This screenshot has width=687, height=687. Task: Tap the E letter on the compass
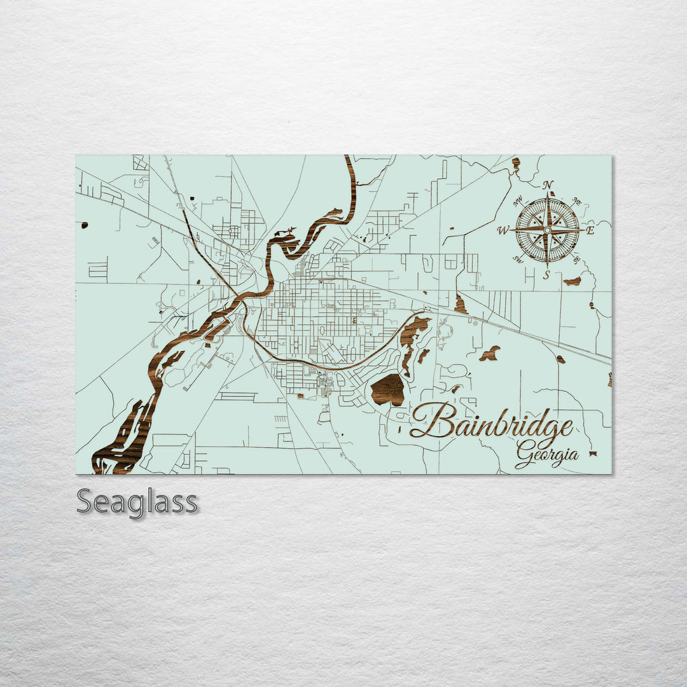[x=590, y=230]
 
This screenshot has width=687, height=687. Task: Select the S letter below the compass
[x=546, y=274]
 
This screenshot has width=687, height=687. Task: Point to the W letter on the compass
[x=503, y=231]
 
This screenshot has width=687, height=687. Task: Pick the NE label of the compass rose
[x=577, y=202]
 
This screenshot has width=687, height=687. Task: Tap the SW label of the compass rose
[x=518, y=258]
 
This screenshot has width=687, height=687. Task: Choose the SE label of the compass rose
[x=576, y=259]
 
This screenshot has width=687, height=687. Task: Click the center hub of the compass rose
[x=547, y=230]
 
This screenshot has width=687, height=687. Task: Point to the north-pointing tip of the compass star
[x=547, y=193]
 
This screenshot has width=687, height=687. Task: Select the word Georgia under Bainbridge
[x=547, y=455]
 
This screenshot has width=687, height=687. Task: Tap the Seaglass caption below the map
[x=137, y=502]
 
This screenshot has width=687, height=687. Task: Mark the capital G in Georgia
[x=525, y=455]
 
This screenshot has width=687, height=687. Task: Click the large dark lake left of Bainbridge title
[x=388, y=389]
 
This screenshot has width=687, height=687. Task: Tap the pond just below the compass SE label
[x=572, y=281]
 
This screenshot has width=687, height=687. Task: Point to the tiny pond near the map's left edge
[x=84, y=225]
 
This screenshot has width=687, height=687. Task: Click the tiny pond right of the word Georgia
[x=593, y=454]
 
